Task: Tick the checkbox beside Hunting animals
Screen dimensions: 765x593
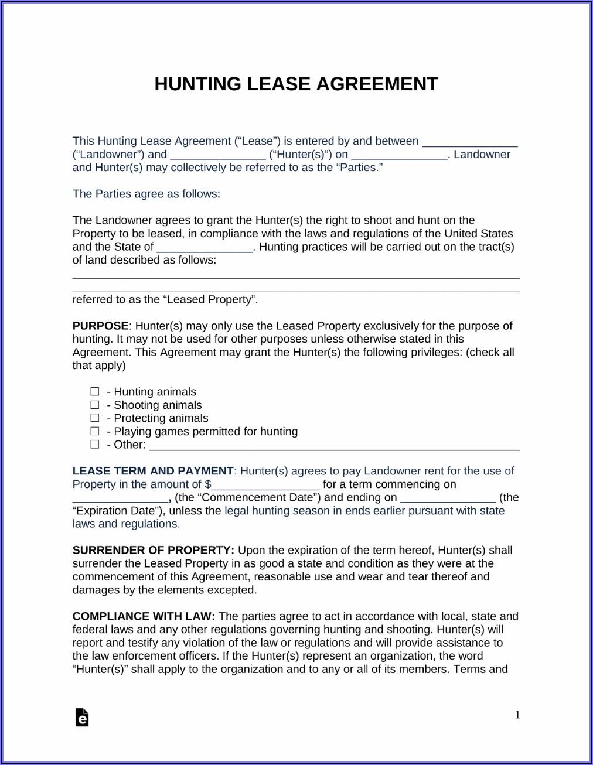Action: (95, 391)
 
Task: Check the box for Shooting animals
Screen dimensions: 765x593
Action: (95, 405)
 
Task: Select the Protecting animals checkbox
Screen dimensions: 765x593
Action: (95, 418)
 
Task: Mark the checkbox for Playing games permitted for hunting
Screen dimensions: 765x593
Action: (95, 431)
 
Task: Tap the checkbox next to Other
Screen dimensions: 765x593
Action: (95, 445)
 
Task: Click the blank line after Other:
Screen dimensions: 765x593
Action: (334, 446)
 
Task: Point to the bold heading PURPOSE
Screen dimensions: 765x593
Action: (100, 326)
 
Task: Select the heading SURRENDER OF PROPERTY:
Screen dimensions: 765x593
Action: (153, 550)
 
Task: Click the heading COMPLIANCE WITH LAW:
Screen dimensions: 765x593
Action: (144, 616)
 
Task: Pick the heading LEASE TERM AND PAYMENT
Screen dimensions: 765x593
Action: (153, 471)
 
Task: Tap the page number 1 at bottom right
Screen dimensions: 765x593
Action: (517, 715)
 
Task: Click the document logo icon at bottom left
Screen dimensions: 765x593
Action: (82, 717)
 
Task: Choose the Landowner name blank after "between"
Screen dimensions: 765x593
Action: (469, 143)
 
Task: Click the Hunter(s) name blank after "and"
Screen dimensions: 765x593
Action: (217, 156)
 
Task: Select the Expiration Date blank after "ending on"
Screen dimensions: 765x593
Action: (448, 499)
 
